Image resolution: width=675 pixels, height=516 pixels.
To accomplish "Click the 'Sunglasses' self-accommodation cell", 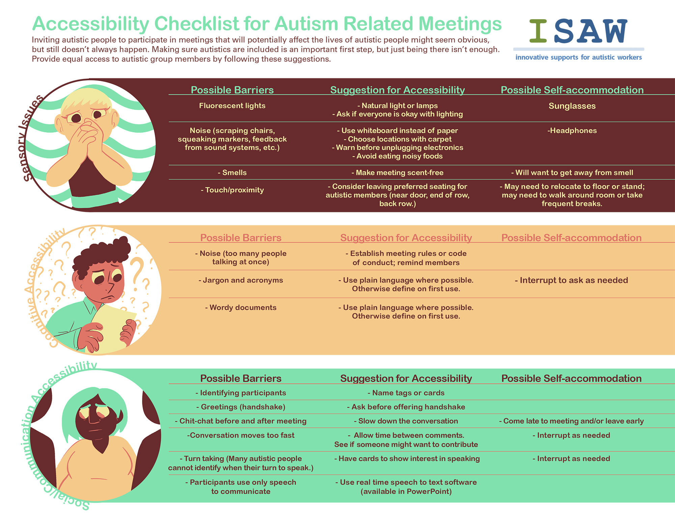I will tap(572, 106).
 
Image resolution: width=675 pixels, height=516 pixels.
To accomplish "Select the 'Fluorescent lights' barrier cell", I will tap(232, 106).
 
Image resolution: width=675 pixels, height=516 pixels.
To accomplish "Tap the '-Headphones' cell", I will tap(572, 131).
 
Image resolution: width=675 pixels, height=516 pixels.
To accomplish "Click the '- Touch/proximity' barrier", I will tap(232, 190).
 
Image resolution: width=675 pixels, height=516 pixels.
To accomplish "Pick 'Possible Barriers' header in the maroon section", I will tap(232, 90).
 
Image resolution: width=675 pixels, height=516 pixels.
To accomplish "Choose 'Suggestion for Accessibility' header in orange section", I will tap(406, 238).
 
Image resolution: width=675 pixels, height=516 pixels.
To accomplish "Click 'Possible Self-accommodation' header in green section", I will tap(571, 378).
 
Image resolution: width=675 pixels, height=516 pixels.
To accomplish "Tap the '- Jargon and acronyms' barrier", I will tap(241, 280).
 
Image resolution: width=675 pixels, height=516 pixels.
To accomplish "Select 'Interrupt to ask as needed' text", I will tap(571, 280).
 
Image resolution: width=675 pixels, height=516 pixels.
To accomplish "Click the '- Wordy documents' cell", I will tap(241, 307).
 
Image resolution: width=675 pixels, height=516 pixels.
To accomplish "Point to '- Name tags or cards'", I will tap(406, 393).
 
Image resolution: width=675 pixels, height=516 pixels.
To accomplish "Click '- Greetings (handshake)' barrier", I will tap(241, 407).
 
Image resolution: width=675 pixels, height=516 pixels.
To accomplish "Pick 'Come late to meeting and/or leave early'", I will tap(571, 421).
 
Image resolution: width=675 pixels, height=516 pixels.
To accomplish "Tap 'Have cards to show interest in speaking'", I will tap(407, 459).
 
